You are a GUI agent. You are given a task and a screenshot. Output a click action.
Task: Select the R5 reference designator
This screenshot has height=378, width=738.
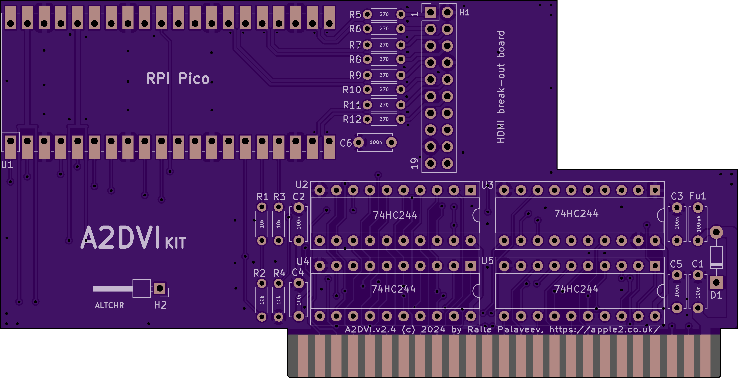tap(355, 14)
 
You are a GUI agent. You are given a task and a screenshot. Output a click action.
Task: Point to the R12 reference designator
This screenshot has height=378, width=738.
tap(352, 119)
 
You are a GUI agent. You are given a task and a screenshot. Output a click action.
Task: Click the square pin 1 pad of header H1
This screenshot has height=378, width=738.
tap(430, 12)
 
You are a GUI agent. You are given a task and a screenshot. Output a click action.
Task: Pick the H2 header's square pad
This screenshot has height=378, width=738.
tap(160, 288)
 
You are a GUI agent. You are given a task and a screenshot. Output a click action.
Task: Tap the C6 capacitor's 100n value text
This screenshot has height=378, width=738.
tap(376, 142)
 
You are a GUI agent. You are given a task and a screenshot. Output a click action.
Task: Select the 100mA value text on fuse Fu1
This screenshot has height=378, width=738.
tap(698, 224)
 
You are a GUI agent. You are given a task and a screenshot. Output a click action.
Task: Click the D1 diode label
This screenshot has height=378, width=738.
tap(716, 295)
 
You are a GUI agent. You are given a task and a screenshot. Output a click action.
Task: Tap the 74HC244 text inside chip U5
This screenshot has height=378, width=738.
tap(576, 289)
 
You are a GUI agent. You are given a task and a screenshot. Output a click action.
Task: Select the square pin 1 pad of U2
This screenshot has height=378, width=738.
tap(470, 190)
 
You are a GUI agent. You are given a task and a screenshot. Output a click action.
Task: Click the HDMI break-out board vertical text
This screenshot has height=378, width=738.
tap(501, 87)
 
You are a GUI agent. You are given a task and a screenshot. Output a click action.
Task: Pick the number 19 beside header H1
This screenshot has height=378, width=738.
tap(414, 163)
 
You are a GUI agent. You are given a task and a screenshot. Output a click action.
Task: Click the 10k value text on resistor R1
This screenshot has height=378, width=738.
tap(261, 224)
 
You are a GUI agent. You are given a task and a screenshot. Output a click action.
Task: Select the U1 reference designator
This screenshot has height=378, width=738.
tap(7, 165)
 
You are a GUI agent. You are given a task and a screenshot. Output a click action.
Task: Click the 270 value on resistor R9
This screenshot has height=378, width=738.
tap(384, 75)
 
